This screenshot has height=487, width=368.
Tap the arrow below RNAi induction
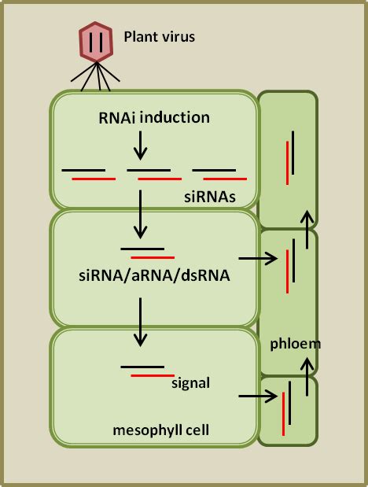point(140,144)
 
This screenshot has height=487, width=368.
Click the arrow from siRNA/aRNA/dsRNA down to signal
point(140,322)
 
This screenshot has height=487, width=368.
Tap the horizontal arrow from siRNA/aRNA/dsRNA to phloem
point(258,257)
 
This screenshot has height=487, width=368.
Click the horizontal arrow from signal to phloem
point(258,396)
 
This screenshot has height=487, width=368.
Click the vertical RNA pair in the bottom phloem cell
point(287,408)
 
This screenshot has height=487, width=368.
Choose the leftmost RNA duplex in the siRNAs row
point(88,174)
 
